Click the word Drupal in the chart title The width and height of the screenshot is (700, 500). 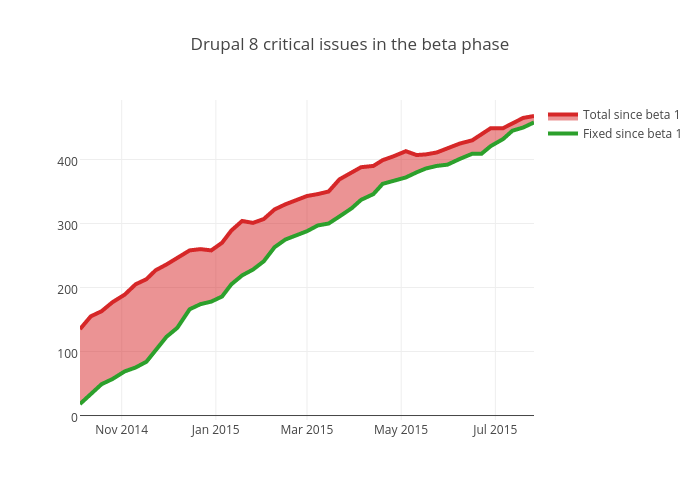pyautogui.click(x=215, y=45)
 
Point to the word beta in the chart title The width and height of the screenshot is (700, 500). pyautogui.click(x=442, y=45)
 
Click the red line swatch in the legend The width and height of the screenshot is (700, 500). pyautogui.click(x=563, y=115)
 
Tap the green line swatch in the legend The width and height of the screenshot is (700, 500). pyautogui.click(x=563, y=133)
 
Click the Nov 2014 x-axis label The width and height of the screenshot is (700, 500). pyautogui.click(x=121, y=430)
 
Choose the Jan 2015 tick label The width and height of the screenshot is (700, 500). pyautogui.click(x=215, y=430)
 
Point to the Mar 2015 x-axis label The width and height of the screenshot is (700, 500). pyautogui.click(x=307, y=430)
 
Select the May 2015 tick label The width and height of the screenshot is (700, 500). pyautogui.click(x=401, y=430)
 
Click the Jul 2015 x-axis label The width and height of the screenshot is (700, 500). pyautogui.click(x=494, y=430)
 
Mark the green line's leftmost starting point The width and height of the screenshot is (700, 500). pyautogui.click(x=81, y=404)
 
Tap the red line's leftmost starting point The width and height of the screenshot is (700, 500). pyautogui.click(x=81, y=328)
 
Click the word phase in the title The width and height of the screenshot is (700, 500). pyautogui.click(x=487, y=45)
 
